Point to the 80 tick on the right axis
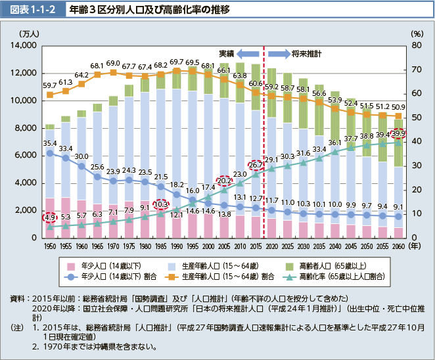pyautogui.click(x=416, y=45)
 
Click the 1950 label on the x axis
pyautogui.click(x=50, y=244)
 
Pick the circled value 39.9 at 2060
pyautogui.click(x=398, y=134)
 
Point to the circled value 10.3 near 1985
pyautogui.click(x=161, y=204)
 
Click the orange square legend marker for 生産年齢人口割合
pyautogui.click(x=173, y=277)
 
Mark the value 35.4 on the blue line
pyautogui.click(x=50, y=143)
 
